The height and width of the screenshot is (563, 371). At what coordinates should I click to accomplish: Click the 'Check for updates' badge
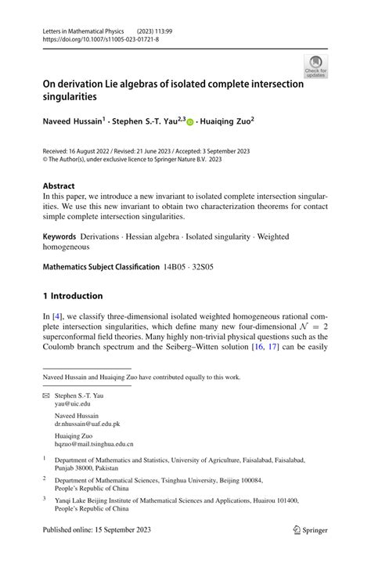(x=315, y=66)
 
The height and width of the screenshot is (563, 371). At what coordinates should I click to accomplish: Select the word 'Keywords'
(x=59, y=235)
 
